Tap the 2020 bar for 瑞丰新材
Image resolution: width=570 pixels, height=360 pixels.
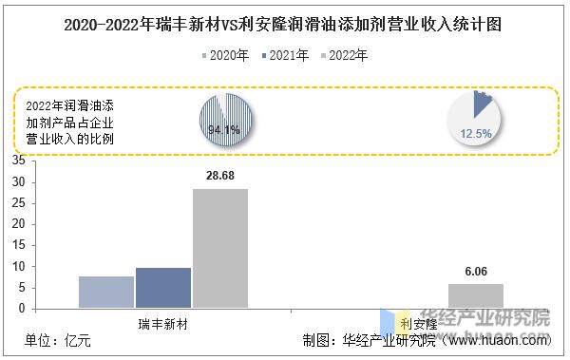coord(105,292)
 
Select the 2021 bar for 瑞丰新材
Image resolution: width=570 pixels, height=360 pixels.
coord(162,288)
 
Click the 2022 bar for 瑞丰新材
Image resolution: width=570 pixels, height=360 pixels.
coord(219,248)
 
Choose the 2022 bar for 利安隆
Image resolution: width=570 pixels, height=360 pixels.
coord(476,295)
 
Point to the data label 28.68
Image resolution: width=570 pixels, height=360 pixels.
coord(220,177)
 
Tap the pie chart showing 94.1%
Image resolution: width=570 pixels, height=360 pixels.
coord(224,120)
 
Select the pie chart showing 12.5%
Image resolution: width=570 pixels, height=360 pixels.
coord(475,119)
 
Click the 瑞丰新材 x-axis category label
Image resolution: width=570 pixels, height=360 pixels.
coord(162,324)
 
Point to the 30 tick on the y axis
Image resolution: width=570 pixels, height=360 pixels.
coord(19,182)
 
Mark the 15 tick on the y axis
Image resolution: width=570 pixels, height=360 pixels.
coord(19,245)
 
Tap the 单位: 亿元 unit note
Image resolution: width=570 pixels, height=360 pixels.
coord(58,341)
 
